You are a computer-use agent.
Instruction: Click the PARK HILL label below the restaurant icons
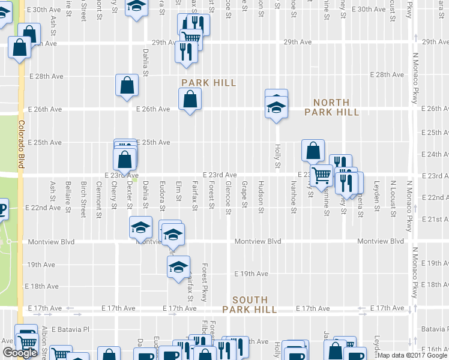tap(208, 82)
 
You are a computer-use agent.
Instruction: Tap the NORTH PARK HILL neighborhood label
tap(331, 107)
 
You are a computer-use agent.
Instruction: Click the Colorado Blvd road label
tap(21, 146)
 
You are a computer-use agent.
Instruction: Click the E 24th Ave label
tap(432, 154)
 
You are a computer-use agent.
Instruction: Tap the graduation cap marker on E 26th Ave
tap(276, 107)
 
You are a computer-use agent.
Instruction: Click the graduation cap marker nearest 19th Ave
tap(178, 267)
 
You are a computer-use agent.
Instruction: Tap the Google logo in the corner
tap(20, 353)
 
